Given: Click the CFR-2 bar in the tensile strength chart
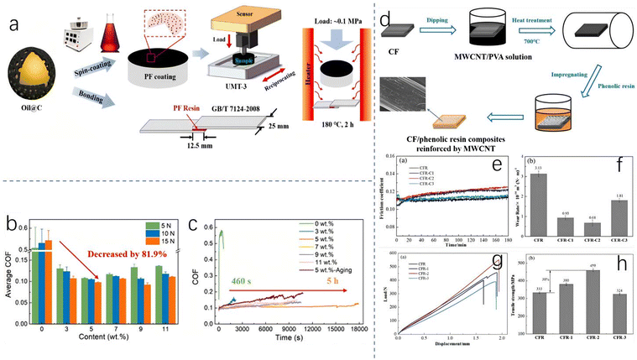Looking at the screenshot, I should click(x=593, y=311).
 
